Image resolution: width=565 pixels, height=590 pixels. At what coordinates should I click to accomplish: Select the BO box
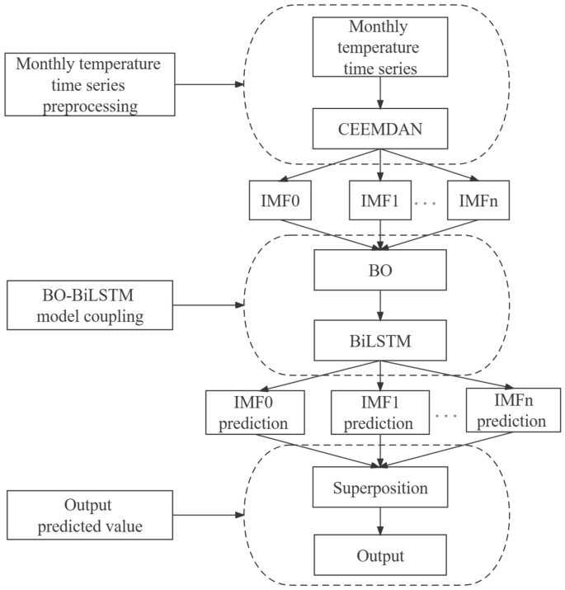coord(379,268)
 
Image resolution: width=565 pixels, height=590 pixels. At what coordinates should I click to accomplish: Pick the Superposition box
coord(379,487)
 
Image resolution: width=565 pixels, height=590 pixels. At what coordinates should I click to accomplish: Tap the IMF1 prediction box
coord(379,413)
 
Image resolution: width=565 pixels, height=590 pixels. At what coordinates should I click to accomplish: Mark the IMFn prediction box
coord(506,409)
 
